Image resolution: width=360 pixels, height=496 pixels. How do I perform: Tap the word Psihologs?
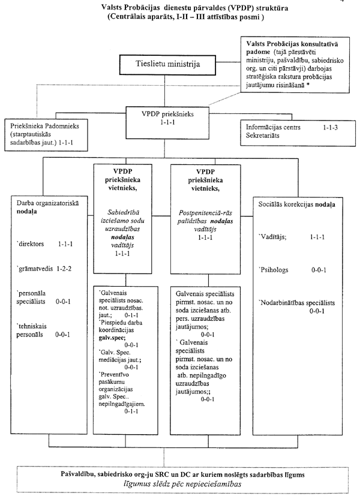click(275, 269)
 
